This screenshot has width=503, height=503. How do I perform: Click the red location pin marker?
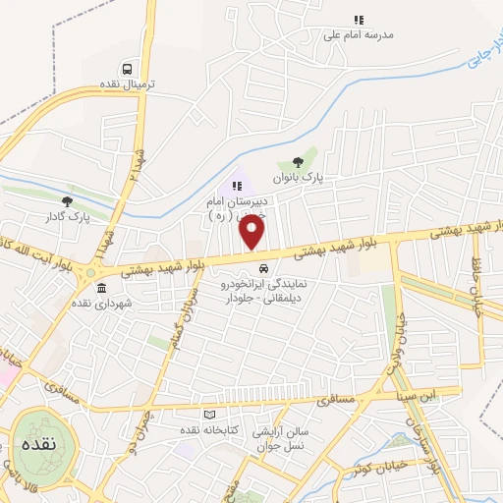(x=252, y=233)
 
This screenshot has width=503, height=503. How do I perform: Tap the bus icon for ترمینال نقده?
(x=129, y=69)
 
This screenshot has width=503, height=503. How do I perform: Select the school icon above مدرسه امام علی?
(x=359, y=20)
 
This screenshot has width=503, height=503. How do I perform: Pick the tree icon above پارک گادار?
(x=67, y=201)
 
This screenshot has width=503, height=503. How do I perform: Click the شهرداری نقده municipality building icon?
(x=102, y=288)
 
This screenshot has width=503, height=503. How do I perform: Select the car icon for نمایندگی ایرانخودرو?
(x=262, y=269)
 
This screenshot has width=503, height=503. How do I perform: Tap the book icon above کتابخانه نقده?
(x=207, y=416)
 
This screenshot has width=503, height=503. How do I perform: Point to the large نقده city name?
(x=36, y=444)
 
